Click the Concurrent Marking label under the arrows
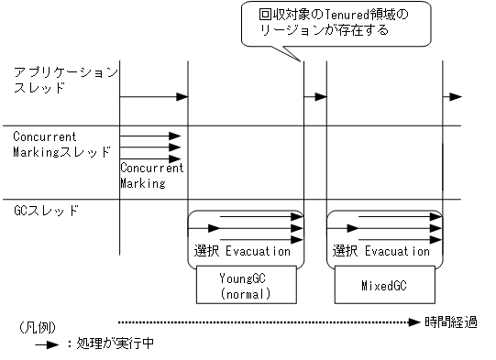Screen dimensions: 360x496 pyautogui.click(x=151, y=175)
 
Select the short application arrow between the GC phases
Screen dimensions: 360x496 pyautogui.click(x=314, y=96)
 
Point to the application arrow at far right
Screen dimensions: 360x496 pyautogui.click(x=452, y=96)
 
